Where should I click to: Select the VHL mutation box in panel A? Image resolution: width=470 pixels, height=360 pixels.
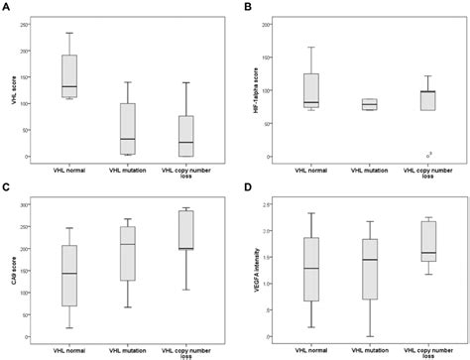(x=126, y=128)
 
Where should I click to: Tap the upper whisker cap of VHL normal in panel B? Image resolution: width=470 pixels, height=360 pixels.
(x=312, y=47)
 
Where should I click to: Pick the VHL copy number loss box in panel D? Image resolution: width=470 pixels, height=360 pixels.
(x=427, y=242)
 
